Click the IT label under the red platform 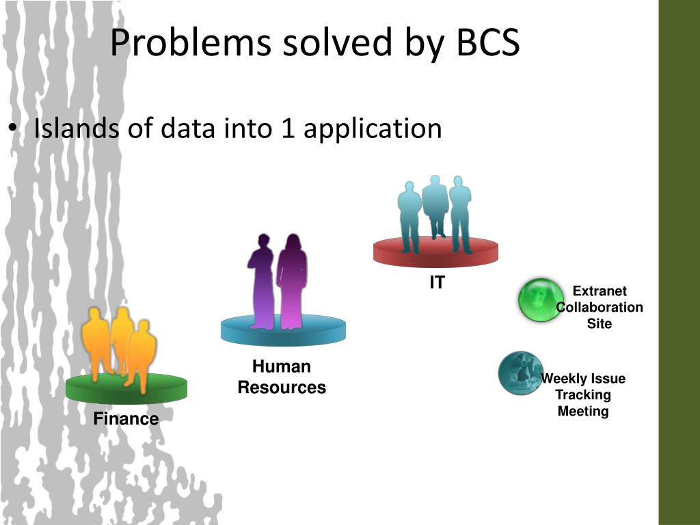click(437, 282)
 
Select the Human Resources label click(282, 377)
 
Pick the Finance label click(126, 419)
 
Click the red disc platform click(435, 253)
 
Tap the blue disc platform click(283, 332)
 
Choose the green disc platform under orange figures click(126, 389)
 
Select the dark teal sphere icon click(520, 373)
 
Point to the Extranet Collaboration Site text click(600, 308)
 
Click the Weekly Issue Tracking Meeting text click(583, 395)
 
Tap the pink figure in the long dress click(293, 280)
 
